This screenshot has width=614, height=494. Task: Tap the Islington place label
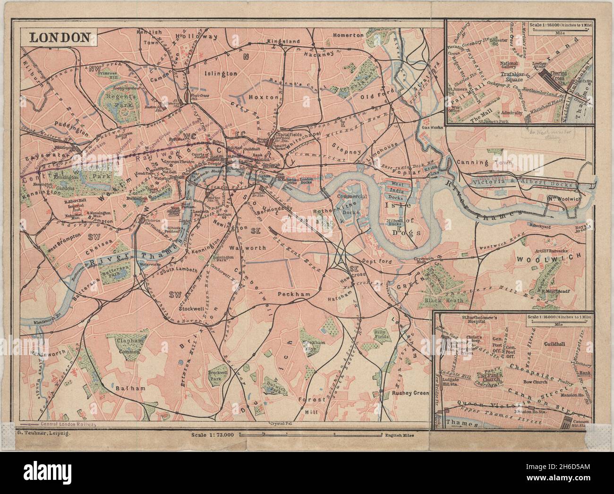point(221,74)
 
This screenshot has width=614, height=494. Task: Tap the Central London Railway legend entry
point(61,424)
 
